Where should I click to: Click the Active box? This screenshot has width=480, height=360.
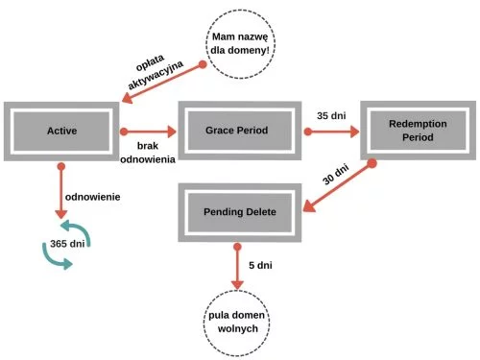[x=61, y=132]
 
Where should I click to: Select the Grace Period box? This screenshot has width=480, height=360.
[x=240, y=131]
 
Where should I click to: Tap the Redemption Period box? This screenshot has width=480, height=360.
[x=418, y=131]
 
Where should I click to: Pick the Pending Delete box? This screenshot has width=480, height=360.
[x=240, y=212]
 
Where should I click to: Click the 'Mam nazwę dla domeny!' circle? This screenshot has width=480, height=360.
[x=240, y=44]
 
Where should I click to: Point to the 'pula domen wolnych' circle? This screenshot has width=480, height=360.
[x=237, y=323]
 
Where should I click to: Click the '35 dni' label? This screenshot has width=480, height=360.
[x=331, y=115]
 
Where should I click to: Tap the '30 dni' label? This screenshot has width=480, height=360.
[x=335, y=175]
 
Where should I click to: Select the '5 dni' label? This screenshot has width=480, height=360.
[x=260, y=265]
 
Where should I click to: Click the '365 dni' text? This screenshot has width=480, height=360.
[x=67, y=244]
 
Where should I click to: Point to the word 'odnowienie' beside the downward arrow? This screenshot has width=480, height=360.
[x=93, y=197]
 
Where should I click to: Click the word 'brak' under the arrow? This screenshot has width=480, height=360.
[x=148, y=146]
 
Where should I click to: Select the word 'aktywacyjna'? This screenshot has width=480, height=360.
[x=156, y=75]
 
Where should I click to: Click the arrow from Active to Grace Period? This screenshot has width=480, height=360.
[x=148, y=132]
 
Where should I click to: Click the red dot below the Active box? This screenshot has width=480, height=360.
[x=61, y=166]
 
